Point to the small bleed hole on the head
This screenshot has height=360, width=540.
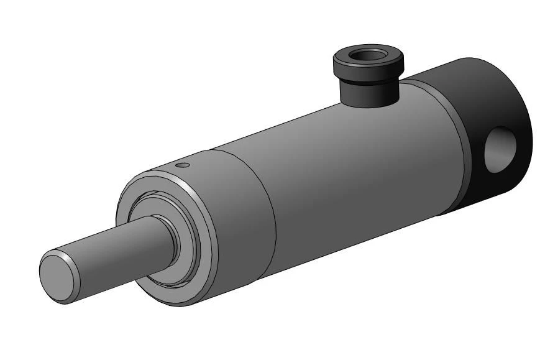(x=181, y=165)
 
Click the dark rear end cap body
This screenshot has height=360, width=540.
(x=478, y=87)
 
